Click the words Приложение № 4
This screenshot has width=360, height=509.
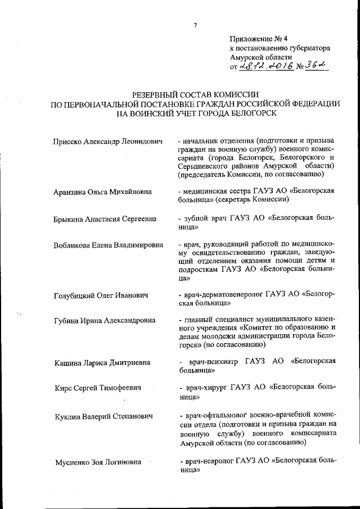[258, 39]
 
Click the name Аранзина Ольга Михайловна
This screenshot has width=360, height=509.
[103, 191]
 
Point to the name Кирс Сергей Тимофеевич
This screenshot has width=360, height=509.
[97, 388]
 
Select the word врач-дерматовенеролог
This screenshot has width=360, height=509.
[228, 294]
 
